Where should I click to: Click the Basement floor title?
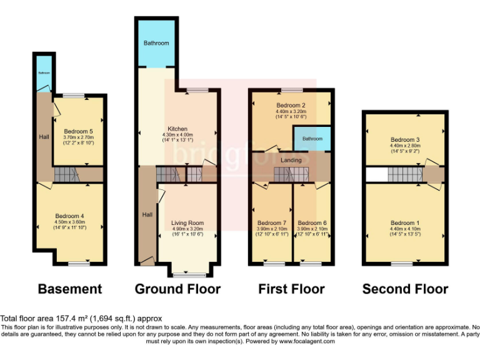click(69, 289)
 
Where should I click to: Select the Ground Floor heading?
click(177, 289)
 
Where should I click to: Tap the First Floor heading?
click(291, 289)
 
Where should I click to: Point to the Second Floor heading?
click(405, 289)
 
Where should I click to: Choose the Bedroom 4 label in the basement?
click(69, 216)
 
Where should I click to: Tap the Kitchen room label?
click(178, 129)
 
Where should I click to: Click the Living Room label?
click(187, 222)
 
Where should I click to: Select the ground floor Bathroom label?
click(156, 43)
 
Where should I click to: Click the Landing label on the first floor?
click(291, 161)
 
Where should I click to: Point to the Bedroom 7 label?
click(272, 222)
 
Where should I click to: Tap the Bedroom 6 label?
click(312, 222)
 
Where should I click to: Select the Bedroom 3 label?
click(405, 139)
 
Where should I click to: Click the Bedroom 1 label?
click(405, 223)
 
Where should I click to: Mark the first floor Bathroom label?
click(312, 138)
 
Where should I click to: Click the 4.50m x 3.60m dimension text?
click(69, 222)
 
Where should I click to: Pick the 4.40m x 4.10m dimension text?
click(405, 229)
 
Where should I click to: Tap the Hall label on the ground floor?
click(147, 214)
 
